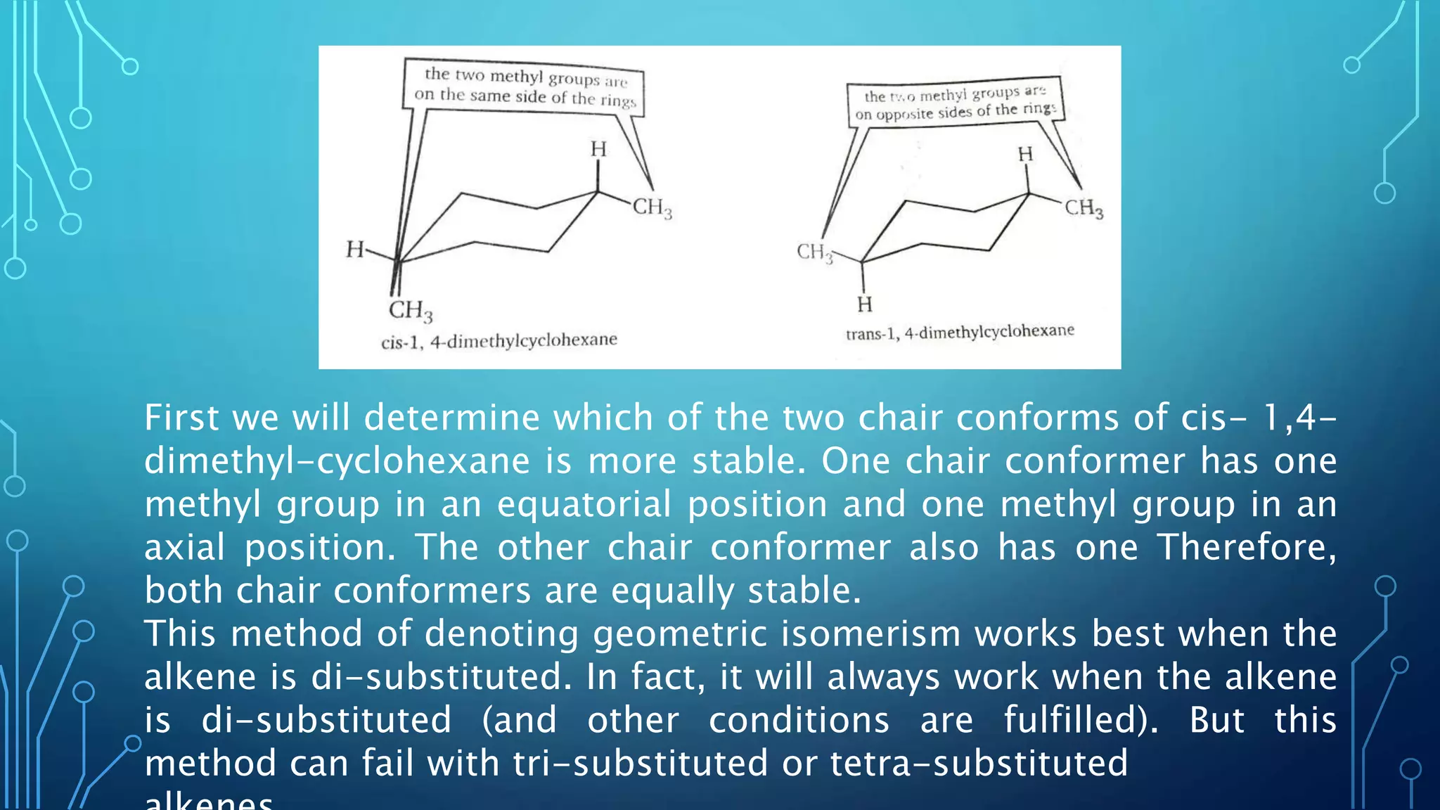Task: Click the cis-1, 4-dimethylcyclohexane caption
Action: point(499,341)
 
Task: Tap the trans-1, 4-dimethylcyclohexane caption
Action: point(960,332)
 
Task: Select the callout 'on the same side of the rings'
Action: point(525,97)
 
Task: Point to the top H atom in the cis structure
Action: point(598,149)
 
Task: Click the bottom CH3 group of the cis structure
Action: point(411,310)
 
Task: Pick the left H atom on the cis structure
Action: point(355,249)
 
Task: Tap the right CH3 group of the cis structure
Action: point(652,207)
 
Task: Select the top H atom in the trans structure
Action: point(1026,154)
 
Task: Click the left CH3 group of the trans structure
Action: point(814,252)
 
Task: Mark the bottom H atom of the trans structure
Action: point(865,304)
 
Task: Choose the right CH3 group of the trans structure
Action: point(1084,208)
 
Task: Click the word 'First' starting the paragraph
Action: point(181,418)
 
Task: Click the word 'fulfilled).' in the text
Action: point(1081,720)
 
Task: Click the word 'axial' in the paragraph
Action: point(184,547)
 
